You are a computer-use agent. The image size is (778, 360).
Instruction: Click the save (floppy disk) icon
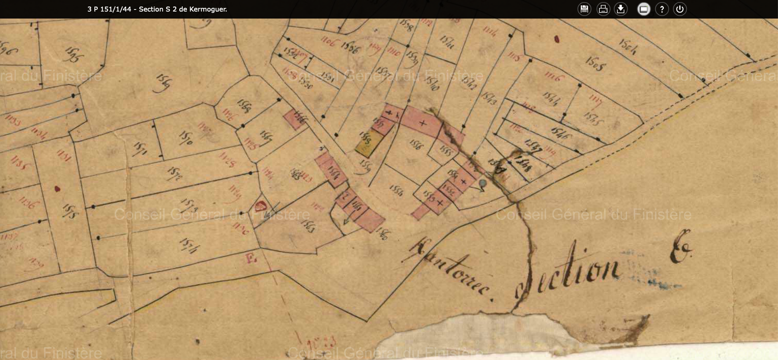584,9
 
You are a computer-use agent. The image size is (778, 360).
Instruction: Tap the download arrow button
621,9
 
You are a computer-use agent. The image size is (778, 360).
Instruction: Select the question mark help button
662,9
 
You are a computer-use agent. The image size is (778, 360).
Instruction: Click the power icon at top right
680,9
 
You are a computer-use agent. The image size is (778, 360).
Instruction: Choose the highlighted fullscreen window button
644,9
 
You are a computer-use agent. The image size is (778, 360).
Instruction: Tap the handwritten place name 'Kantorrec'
449,268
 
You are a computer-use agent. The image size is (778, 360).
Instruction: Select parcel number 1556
415,144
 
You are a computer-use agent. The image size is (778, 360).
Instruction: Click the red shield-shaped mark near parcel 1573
260,206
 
